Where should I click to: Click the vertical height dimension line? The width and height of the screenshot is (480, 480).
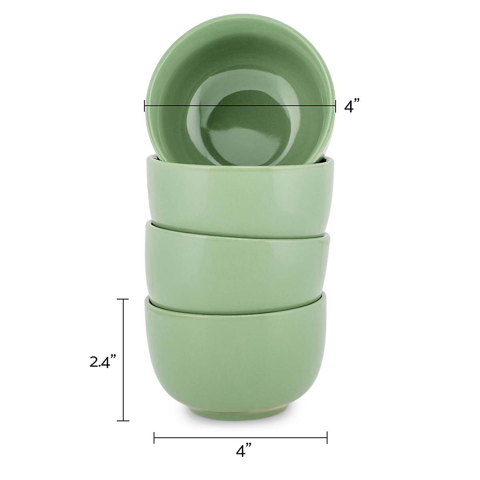tap(123, 360)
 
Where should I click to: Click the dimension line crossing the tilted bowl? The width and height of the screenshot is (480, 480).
tap(240, 106)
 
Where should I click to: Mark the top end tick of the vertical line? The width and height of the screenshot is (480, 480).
tap(123, 299)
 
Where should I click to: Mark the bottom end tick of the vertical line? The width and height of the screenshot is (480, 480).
tap(123, 420)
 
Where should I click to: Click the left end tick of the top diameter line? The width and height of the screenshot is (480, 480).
tap(144, 106)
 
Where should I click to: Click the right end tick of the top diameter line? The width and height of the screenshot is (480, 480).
tap(335, 106)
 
